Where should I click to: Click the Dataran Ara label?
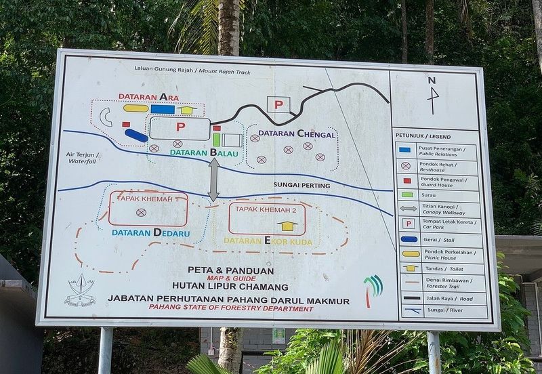pyautogui.click(x=148, y=96)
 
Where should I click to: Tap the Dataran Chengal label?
pyautogui.click(x=297, y=134)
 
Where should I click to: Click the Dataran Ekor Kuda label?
pyautogui.click(x=268, y=241)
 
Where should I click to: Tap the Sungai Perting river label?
pyautogui.click(x=301, y=185)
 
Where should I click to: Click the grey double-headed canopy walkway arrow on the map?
pyautogui.click(x=213, y=180)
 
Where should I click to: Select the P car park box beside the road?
pyautogui.click(x=278, y=104)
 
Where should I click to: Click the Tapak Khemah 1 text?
pyautogui.click(x=147, y=199)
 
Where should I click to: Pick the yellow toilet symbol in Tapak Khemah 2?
pyautogui.click(x=289, y=225)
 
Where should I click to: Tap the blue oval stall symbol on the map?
pyautogui.click(x=136, y=135)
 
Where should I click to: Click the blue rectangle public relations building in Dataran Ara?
pyautogui.click(x=163, y=108)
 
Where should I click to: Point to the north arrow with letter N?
pyautogui.click(x=432, y=94)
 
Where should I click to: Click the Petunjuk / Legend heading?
pyautogui.click(x=423, y=136)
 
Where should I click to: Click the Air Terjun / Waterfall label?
pyautogui.click(x=82, y=157)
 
